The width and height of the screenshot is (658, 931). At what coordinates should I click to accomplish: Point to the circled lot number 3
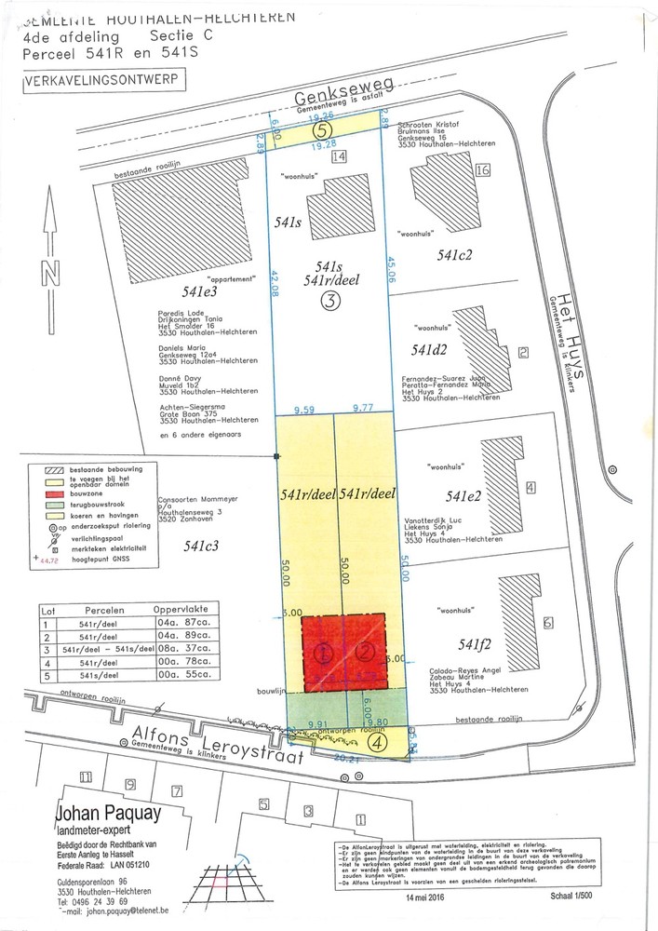pos(331,300)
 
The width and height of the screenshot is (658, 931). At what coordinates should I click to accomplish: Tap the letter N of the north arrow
pos(50,272)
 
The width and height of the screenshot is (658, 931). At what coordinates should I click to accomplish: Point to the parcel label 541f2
pos(461,641)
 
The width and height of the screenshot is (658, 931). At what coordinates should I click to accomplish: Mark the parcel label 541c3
pos(200,546)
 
